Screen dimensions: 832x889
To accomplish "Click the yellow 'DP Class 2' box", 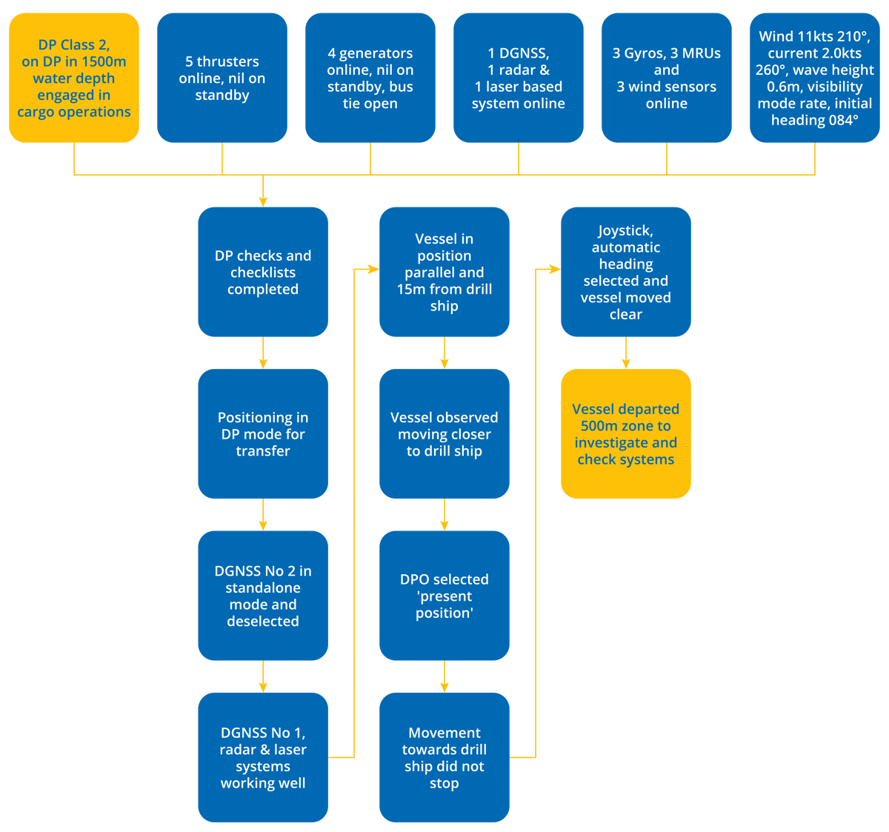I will point(74,78).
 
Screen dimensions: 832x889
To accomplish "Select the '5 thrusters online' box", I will point(222,78).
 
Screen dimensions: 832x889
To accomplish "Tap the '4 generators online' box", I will point(370,78).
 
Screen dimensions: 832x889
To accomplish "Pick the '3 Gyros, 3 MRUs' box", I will point(667,78).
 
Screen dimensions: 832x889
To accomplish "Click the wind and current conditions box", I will point(815,78).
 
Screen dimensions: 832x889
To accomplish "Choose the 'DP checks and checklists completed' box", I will point(263,272).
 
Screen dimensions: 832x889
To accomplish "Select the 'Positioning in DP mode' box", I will point(263,434).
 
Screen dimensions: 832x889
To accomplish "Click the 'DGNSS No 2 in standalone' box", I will point(263,596).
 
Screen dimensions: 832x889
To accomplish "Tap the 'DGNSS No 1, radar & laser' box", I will point(263,757).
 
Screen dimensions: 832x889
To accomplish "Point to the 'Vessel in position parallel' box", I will point(444,272).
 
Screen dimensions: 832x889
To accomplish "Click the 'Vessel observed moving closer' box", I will point(444,434).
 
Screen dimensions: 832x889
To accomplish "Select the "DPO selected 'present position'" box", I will point(444,596).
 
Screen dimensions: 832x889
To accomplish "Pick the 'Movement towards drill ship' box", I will point(444,757).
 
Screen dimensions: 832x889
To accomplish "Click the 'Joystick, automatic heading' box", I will point(626,272).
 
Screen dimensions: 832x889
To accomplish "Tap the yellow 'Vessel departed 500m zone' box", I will point(626,434).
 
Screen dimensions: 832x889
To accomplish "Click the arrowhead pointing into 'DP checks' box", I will point(263,200).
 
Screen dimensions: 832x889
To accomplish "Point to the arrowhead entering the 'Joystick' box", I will point(553,270).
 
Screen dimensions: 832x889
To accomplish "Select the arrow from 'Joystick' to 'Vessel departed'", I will point(626,353).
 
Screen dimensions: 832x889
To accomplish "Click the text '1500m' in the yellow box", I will point(104,61).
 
